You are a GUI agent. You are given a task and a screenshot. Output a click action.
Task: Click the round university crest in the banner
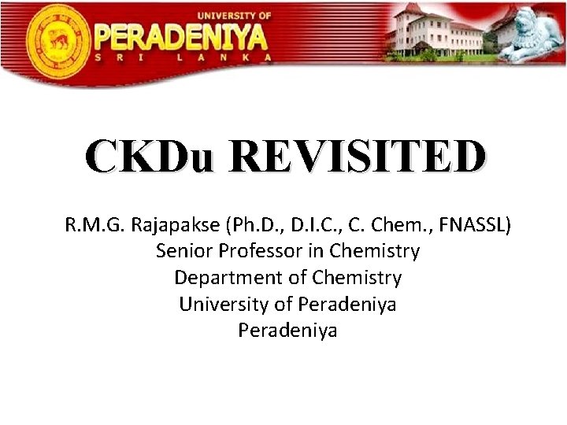click(57, 37)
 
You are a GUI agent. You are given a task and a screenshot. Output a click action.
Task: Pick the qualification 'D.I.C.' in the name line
click(309, 226)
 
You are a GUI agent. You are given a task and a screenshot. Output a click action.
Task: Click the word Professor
click(254, 252)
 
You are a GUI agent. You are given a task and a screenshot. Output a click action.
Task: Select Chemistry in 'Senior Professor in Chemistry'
click(375, 252)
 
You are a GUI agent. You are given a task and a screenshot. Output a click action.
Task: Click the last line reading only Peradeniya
click(287, 330)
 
